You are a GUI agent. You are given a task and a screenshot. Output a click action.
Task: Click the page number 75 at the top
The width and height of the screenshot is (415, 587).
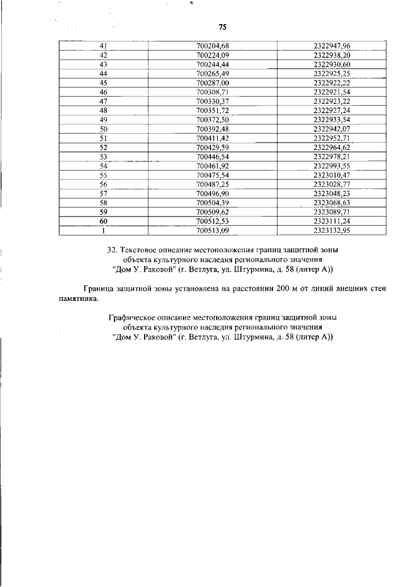coord(222,27)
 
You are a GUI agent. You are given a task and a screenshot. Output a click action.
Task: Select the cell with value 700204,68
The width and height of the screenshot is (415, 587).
coord(213,46)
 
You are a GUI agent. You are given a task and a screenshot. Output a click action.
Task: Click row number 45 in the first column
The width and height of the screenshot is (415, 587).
coord(103,83)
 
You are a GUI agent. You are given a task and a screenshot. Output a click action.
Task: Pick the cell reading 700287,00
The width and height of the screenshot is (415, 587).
coord(213,83)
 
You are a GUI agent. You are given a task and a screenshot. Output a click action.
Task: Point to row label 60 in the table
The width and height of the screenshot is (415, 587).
coord(103,221)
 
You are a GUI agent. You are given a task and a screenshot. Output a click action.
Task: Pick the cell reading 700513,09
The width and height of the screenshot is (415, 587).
coord(213,230)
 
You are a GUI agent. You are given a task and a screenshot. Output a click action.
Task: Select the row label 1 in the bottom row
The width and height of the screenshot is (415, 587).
coord(103,230)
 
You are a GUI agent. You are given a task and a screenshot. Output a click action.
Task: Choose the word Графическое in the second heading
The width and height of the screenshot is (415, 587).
coord(134,318)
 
